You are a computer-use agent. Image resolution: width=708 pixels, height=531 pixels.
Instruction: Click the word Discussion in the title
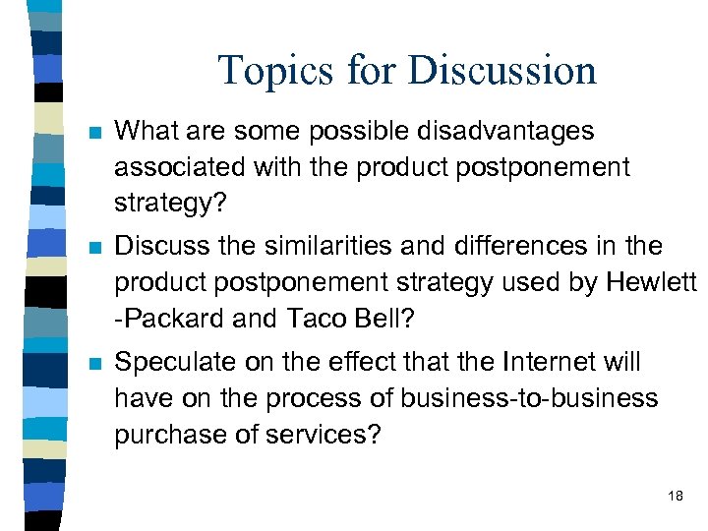pyautogui.click(x=501, y=71)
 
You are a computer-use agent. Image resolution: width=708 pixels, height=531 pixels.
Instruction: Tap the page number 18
pyautogui.click(x=675, y=496)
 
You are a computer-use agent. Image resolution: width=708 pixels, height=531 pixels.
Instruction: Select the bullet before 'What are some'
pyautogui.click(x=93, y=132)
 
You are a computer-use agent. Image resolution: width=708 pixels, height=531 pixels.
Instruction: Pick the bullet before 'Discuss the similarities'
pyautogui.click(x=93, y=248)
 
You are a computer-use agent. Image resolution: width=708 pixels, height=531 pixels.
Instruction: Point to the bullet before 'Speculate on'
pyautogui.click(x=93, y=364)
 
